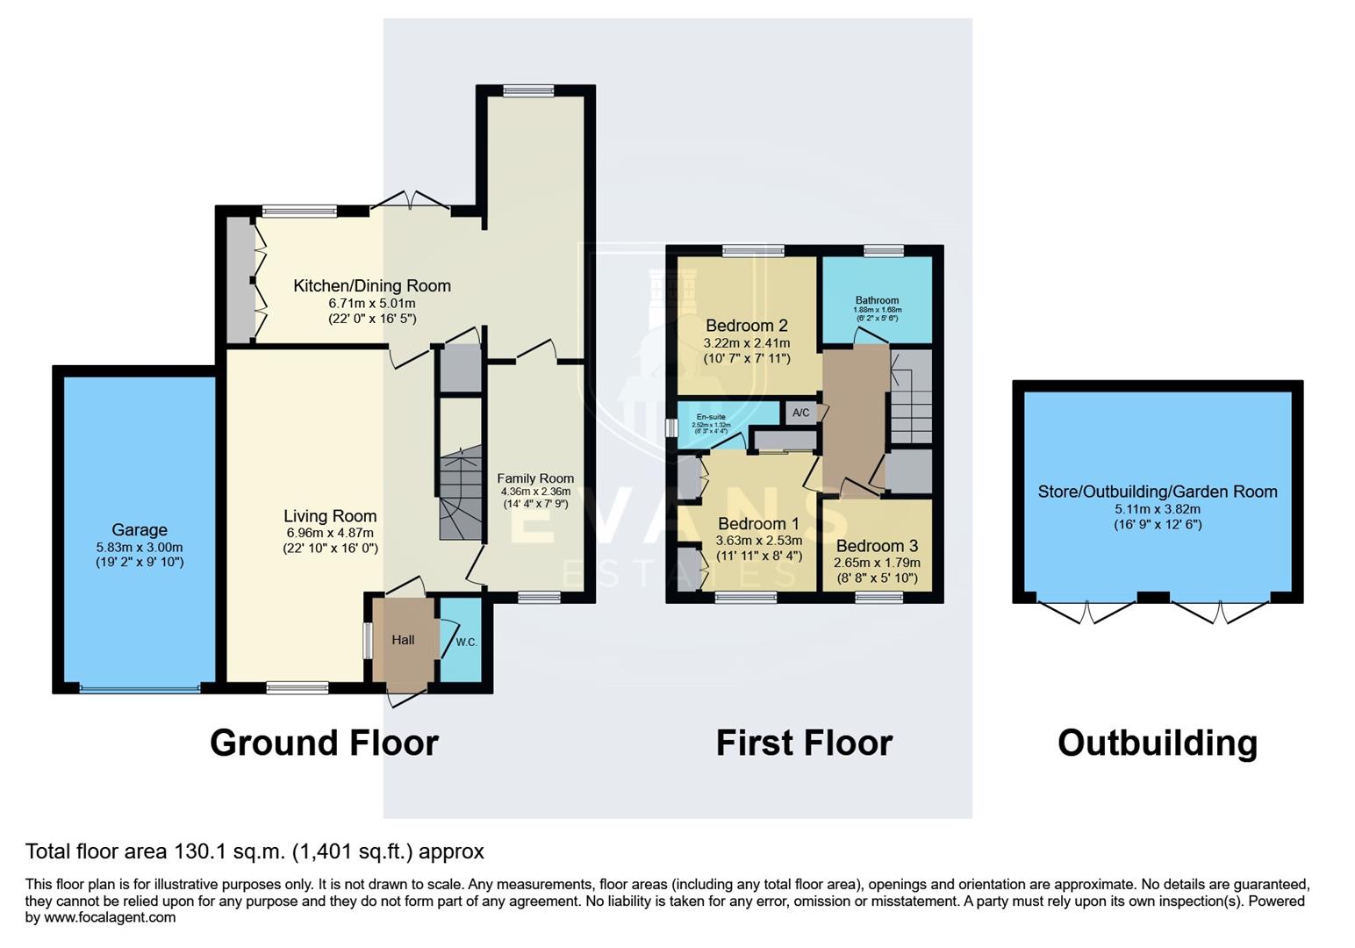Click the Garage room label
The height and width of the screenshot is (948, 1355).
(139, 529)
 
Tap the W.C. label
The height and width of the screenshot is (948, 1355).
(466, 642)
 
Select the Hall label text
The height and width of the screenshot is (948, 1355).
(403, 640)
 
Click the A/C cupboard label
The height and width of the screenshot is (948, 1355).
(800, 413)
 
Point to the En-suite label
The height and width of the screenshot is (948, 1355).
(711, 417)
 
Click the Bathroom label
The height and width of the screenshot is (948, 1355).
(877, 300)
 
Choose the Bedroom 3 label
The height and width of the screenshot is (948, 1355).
(877, 546)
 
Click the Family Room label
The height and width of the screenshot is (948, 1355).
(535, 478)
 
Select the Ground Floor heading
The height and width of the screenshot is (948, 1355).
(324, 743)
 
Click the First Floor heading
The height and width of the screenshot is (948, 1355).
(804, 743)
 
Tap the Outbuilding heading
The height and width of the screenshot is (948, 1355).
(1157, 743)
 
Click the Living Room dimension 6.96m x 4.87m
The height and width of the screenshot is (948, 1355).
(330, 533)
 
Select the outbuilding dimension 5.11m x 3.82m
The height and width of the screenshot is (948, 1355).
(1158, 509)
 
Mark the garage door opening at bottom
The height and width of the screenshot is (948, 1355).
(140, 688)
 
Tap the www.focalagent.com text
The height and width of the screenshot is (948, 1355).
(109, 917)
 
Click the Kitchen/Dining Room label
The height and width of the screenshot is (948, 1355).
(371, 285)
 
